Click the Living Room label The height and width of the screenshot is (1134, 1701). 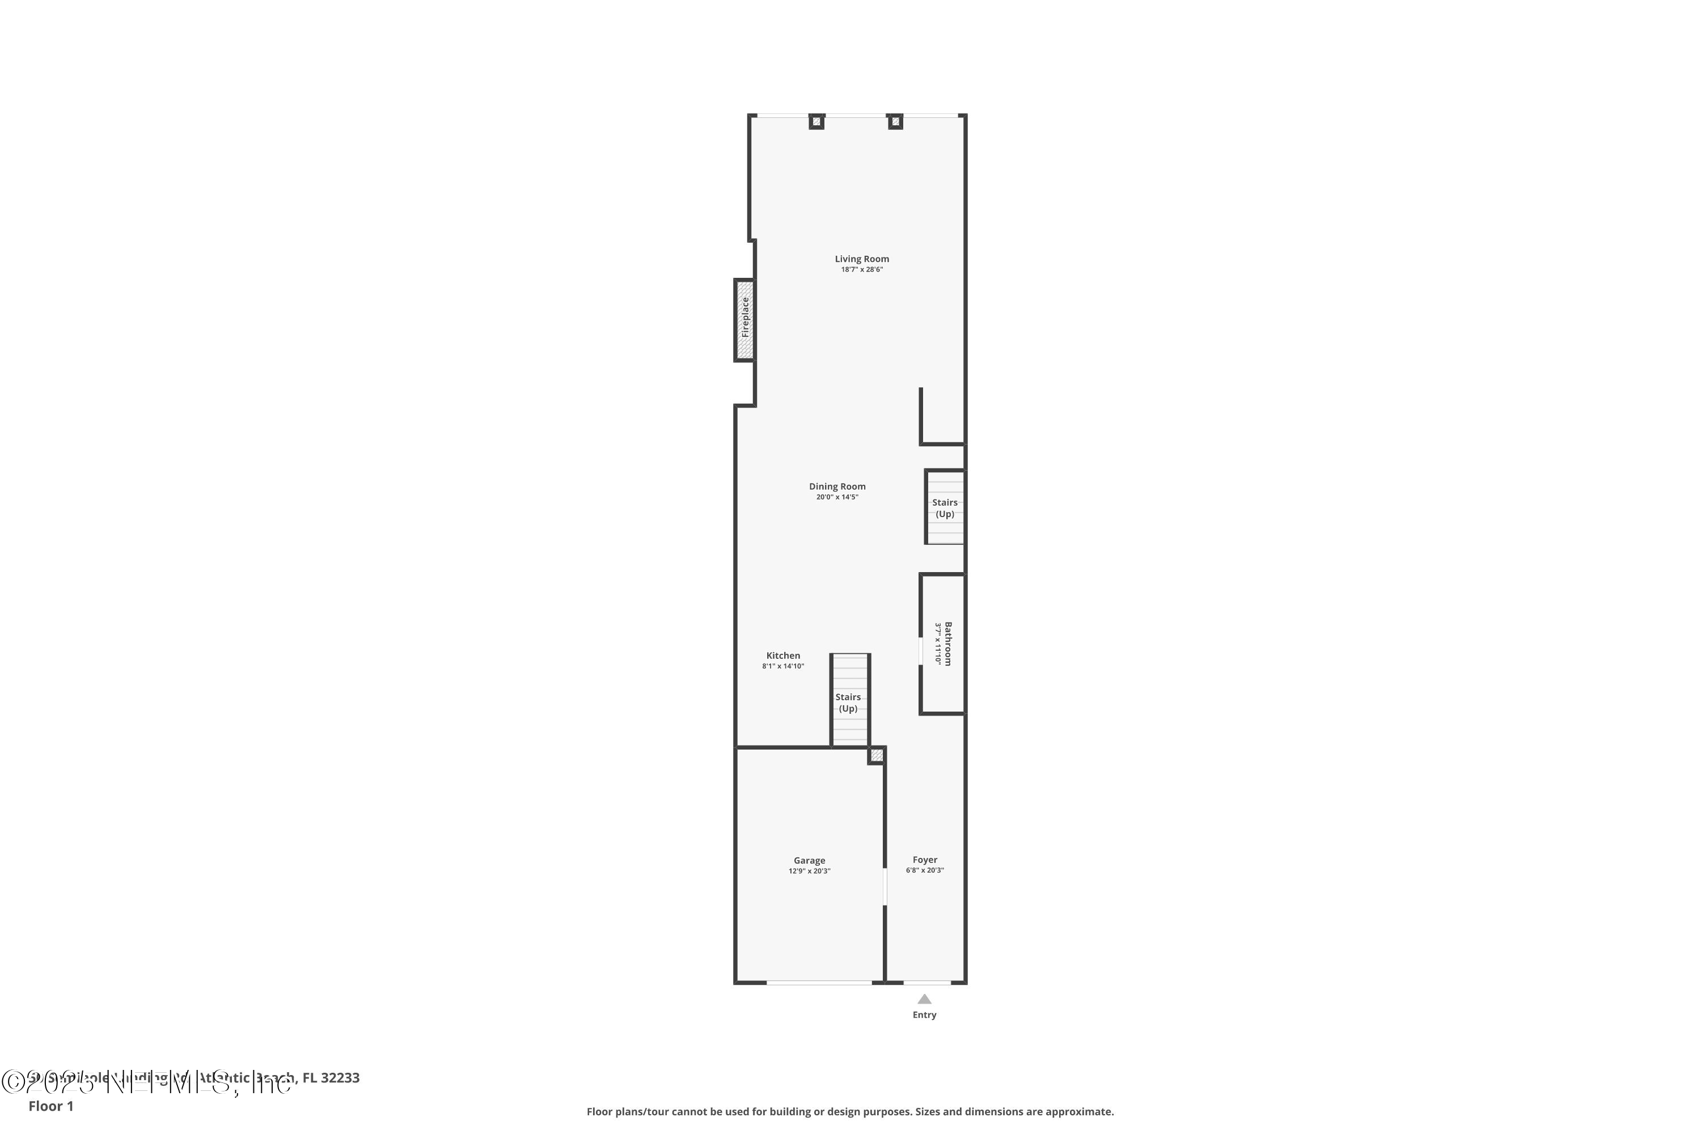tap(861, 259)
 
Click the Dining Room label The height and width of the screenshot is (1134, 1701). tap(837, 486)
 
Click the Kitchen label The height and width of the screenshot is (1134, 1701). tap(783, 656)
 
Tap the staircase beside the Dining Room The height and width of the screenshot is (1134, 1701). tap(945, 507)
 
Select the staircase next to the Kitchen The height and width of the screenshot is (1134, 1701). tap(849, 701)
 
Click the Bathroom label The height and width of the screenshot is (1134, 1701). tap(948, 644)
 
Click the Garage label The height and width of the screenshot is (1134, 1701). tap(809, 861)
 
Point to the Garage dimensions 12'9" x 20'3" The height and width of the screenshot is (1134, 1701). tap(809, 871)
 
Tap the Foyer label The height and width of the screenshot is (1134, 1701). tap(925, 860)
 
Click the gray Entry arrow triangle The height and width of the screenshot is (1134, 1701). tap(924, 1000)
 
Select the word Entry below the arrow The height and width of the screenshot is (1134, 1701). tap(924, 1015)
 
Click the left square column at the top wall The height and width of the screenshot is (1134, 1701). tap(816, 121)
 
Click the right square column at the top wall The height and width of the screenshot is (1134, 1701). tap(895, 121)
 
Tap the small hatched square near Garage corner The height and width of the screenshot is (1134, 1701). tap(877, 755)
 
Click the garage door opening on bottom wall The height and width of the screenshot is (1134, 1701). tap(819, 983)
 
